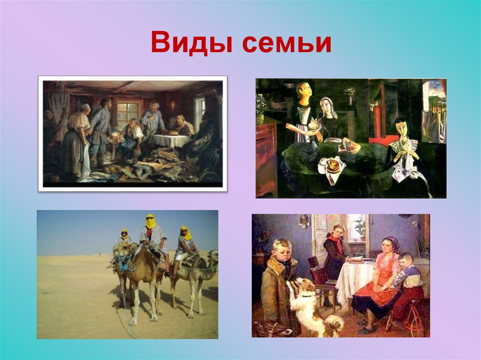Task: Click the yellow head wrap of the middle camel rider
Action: (x=150, y=221)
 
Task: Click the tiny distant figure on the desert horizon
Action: (x=99, y=255)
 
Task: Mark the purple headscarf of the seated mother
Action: (x=390, y=242)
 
